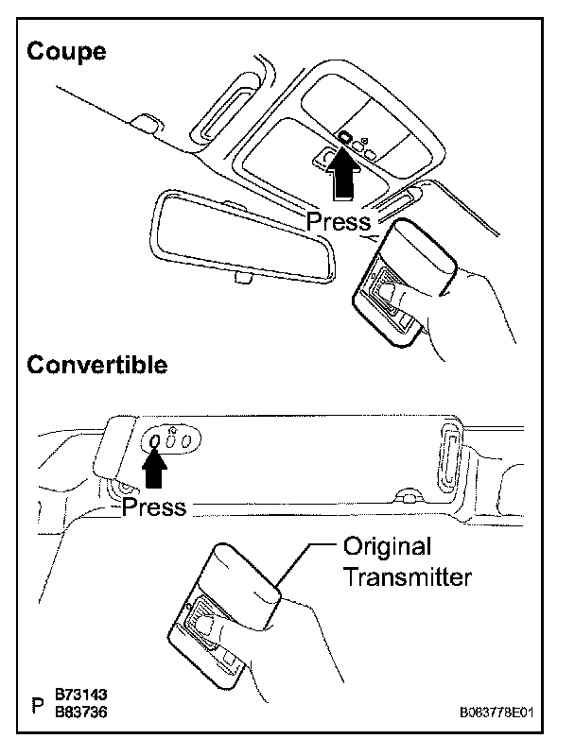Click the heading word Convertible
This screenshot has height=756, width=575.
[97, 365]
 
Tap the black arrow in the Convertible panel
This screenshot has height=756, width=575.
[155, 467]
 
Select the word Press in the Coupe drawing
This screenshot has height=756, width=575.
[339, 222]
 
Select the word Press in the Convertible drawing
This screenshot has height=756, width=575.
[155, 507]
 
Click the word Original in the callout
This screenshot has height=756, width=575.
[387, 546]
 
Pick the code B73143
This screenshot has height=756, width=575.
[81, 695]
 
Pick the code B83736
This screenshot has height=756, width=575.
[81, 713]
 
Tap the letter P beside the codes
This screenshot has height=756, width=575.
[38, 706]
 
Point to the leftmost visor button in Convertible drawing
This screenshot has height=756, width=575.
[155, 441]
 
